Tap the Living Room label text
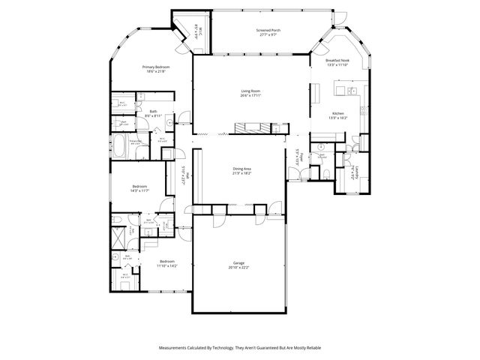tap(250, 91)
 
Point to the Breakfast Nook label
tap(338, 60)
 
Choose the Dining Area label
tap(241, 169)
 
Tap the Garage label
tap(239, 263)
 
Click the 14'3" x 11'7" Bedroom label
tap(140, 186)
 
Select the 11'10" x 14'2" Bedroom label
tap(166, 261)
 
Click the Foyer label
tap(298, 157)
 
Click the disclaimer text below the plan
tap(240, 348)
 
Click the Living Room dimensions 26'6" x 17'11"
tap(250, 95)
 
